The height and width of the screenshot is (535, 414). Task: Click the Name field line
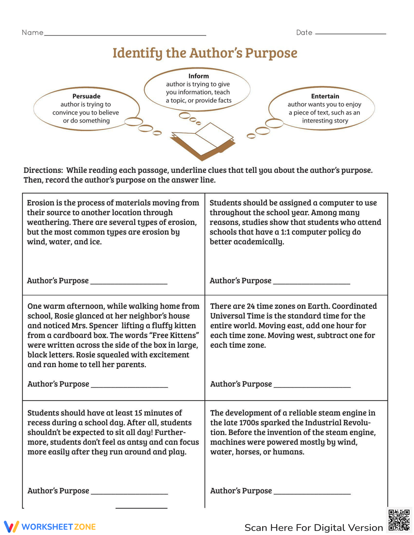pos(124,35)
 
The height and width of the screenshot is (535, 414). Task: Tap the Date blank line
pos(350,33)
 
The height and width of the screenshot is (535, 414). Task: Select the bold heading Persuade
pos(86,96)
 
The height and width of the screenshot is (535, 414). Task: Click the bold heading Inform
pos(198,76)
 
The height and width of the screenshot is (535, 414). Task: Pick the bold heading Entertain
pos(325,96)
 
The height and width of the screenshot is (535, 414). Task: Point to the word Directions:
pos(43,170)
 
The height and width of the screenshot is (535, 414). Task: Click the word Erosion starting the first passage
pos(41,203)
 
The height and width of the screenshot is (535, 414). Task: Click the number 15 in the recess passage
pos(138,413)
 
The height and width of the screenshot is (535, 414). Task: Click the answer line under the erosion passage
pos(129,284)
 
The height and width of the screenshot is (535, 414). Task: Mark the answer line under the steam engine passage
pos(312,494)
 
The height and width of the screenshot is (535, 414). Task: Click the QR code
pos(399,520)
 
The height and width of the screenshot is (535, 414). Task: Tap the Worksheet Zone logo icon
pos(12,526)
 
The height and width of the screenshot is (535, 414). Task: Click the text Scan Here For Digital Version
pos(313,528)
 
